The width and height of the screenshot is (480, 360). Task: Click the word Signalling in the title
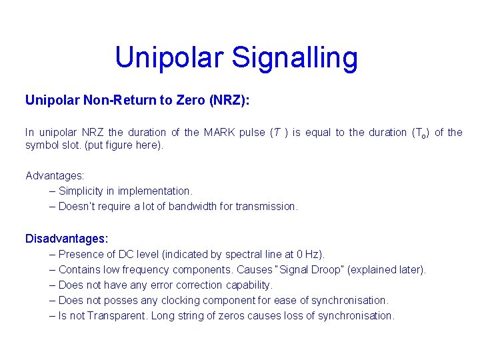pos(294,59)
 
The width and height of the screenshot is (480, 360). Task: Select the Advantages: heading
pos(55,176)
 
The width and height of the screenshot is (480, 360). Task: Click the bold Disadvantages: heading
pos(67,238)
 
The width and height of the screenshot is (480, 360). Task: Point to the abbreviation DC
pos(127,254)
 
